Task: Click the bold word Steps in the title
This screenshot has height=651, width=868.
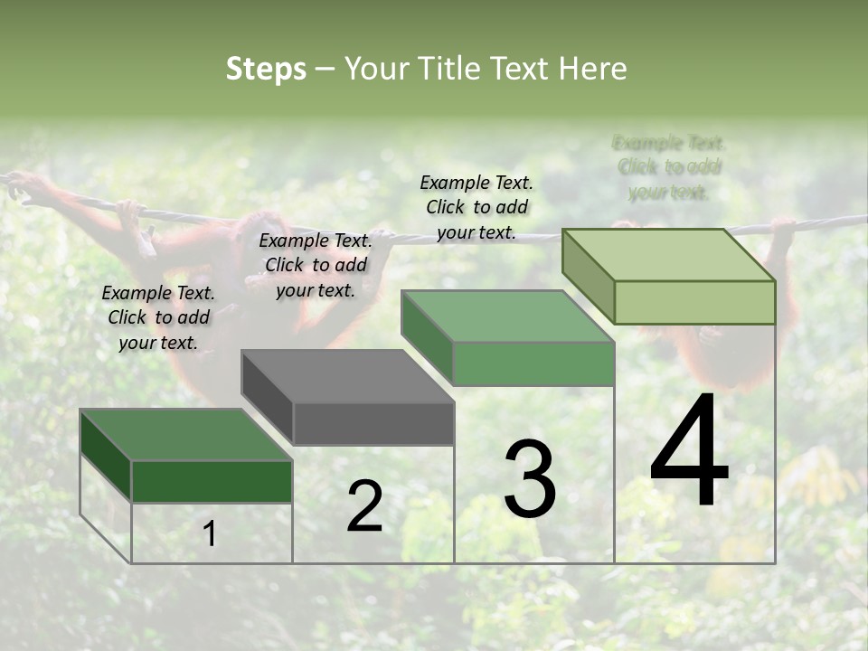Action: click(266, 69)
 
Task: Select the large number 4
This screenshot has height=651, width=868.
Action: click(690, 452)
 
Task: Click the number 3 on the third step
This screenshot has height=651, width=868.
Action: click(530, 479)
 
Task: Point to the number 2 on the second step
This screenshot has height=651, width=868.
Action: click(364, 506)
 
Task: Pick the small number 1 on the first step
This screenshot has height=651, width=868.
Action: click(210, 534)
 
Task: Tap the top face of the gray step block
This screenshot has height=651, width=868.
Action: click(347, 376)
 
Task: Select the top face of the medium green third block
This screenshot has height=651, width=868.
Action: click(507, 316)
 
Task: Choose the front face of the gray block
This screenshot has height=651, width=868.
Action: click(373, 424)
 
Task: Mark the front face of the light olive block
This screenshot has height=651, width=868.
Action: click(694, 302)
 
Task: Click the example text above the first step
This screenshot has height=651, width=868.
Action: click(158, 317)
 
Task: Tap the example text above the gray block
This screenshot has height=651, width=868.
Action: click(316, 265)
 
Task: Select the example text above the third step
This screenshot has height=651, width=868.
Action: click(476, 207)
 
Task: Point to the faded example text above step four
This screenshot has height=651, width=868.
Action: click(669, 167)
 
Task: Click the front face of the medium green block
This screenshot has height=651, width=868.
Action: click(533, 364)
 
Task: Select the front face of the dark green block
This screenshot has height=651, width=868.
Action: click(212, 481)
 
